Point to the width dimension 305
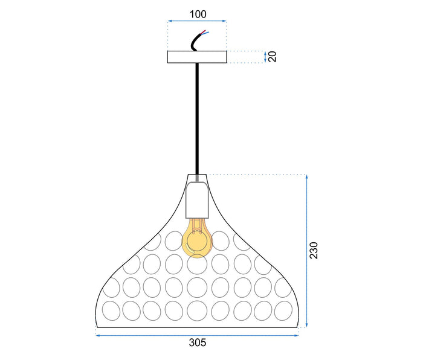197,342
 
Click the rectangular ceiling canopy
196,57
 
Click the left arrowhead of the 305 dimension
98,332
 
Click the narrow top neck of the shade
196,179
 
